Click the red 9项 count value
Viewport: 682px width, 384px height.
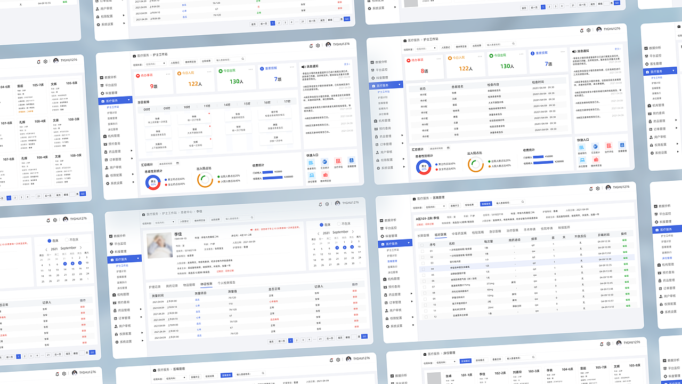pos(153,86)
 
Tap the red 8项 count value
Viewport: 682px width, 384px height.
pos(424,70)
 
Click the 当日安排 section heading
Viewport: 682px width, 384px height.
pos(143,102)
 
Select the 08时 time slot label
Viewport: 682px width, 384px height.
pos(147,109)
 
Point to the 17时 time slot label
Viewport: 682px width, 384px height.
pos(287,101)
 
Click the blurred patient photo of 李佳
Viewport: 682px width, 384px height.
pos(159,245)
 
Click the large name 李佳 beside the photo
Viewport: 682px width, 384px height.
pos(178,234)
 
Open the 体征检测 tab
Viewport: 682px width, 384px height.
pos(206,284)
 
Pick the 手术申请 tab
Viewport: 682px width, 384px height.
pos(530,230)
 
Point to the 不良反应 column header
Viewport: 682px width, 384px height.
pos(580,236)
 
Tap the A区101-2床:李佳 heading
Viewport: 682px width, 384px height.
pos(428,218)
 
